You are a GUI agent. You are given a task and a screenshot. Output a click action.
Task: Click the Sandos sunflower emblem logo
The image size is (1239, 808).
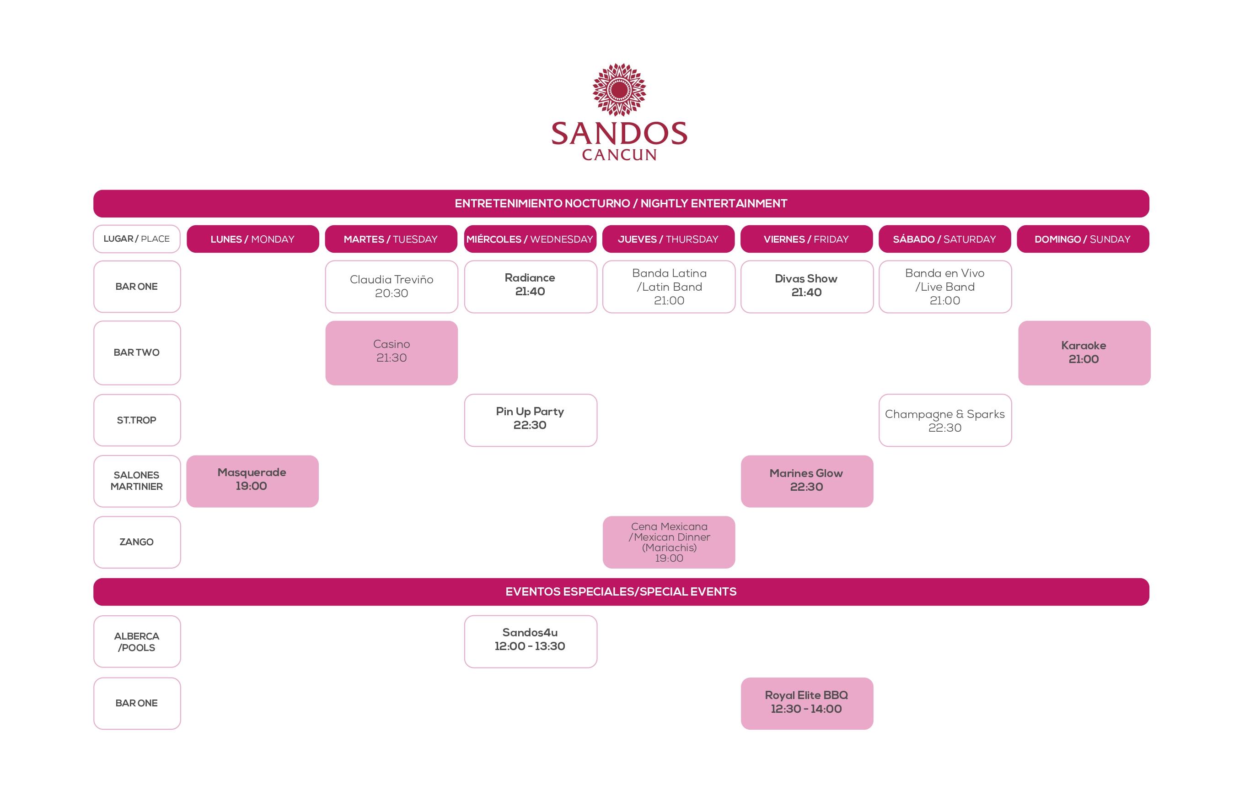[x=619, y=90]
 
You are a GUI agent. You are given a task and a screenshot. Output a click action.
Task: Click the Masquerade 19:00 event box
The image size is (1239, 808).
[x=252, y=481]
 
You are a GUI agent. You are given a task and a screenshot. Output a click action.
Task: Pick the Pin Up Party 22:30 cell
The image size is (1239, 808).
[x=531, y=420]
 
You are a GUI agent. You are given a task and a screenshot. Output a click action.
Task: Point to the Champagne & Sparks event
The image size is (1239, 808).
[x=945, y=420]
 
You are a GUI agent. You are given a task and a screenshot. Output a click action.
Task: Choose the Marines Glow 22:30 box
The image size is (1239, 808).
[x=807, y=481]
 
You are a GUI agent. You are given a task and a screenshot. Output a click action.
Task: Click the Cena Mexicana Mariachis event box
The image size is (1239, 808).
[x=669, y=542]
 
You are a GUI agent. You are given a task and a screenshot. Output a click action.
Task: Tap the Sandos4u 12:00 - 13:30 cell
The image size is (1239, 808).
[x=531, y=641]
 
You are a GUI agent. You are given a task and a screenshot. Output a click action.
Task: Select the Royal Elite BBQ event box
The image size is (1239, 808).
[x=807, y=703]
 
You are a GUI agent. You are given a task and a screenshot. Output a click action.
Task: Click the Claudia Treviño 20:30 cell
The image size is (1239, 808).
[x=392, y=287]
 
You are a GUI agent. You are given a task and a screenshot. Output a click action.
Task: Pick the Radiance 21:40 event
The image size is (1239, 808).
[x=531, y=287]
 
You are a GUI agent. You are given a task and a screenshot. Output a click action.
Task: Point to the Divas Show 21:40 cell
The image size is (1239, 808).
[x=807, y=287]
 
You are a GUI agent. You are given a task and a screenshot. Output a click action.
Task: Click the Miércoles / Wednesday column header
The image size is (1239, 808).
[x=530, y=239]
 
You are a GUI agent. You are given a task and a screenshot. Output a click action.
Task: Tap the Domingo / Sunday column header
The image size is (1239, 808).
[x=1083, y=239]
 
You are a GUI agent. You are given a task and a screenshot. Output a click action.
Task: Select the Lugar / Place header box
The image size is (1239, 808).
[x=137, y=239]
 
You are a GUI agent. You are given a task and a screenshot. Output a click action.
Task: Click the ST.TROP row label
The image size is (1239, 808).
[x=137, y=420]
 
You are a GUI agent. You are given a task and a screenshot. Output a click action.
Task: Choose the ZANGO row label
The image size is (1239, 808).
[x=137, y=542]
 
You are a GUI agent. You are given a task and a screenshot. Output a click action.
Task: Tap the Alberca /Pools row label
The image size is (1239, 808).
[x=137, y=641]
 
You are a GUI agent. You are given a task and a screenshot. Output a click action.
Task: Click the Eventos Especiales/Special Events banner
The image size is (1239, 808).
[x=621, y=592]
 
